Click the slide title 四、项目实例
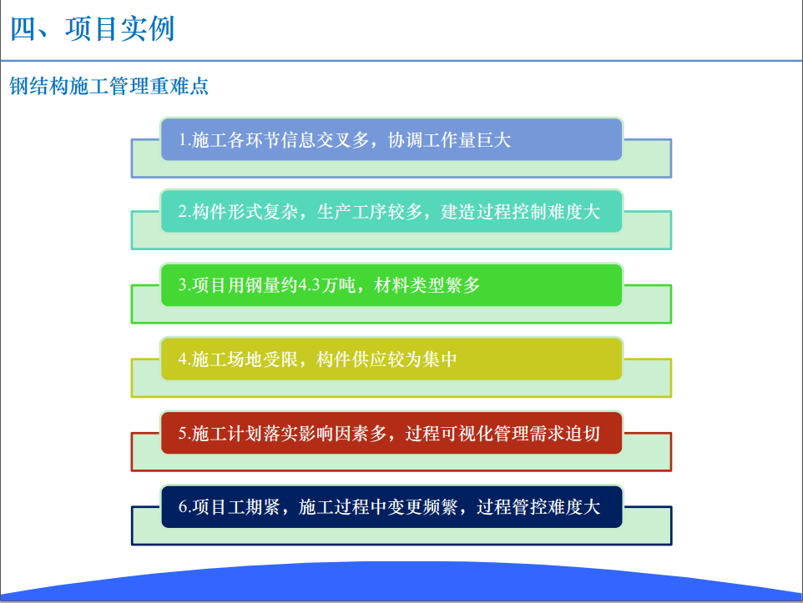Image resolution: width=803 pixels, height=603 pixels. [x=93, y=28]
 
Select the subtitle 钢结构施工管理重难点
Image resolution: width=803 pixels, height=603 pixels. [x=109, y=86]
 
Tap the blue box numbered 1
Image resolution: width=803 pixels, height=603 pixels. [x=391, y=139]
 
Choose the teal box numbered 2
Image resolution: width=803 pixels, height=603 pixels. [x=391, y=211]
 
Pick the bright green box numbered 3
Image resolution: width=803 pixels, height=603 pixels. [x=391, y=285]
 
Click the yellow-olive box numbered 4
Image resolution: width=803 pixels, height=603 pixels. [x=391, y=359]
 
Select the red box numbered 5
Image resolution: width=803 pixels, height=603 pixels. [x=391, y=433]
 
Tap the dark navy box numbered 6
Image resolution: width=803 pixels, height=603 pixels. [x=391, y=507]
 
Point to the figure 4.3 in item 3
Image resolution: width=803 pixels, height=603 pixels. [x=310, y=285]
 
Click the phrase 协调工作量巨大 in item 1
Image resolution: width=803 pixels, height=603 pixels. [x=449, y=140]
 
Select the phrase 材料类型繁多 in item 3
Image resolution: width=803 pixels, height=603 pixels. [x=427, y=285]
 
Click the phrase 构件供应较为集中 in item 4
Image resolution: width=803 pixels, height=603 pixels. [x=386, y=359]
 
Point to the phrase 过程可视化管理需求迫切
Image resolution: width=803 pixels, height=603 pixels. [x=503, y=434]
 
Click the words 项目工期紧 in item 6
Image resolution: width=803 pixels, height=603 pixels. [x=236, y=507]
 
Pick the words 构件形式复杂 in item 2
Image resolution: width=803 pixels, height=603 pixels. [x=245, y=211]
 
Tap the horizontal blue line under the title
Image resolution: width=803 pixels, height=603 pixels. [x=401, y=61]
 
